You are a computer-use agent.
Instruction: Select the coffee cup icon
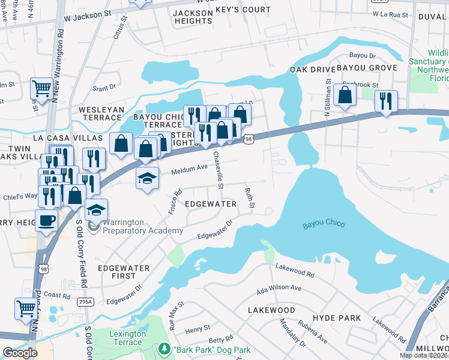point(47,220)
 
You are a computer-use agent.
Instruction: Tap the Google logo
point(20,353)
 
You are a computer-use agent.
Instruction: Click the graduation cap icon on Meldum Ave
point(147,178)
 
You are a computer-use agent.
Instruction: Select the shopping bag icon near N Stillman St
point(345,95)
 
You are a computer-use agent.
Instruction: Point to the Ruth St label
point(249,199)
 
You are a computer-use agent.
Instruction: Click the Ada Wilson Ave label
point(279,288)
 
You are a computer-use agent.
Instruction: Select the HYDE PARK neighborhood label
point(336,317)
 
